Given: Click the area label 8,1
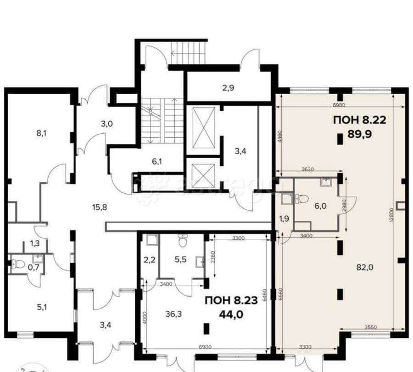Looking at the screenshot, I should pyautogui.click(x=42, y=134).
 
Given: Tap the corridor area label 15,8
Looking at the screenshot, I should pyautogui.click(x=99, y=207).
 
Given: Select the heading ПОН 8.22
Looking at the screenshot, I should pyautogui.click(x=359, y=121).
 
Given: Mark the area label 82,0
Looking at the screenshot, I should pyautogui.click(x=365, y=267).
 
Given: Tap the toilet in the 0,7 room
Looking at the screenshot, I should pyautogui.click(x=17, y=264).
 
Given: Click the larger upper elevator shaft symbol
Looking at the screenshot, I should pyautogui.click(x=202, y=125).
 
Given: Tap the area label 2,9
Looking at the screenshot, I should pyautogui.click(x=228, y=87).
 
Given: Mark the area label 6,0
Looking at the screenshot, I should pyautogui.click(x=320, y=207).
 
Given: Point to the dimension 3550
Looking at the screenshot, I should pyautogui.click(x=371, y=327).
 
